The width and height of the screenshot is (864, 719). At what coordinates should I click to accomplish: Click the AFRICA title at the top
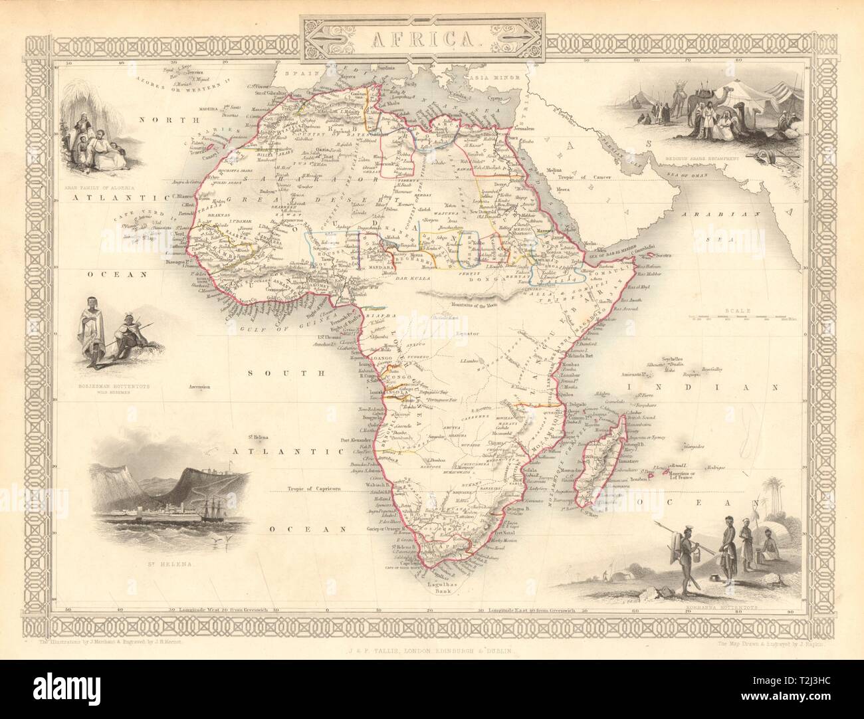click(433, 38)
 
